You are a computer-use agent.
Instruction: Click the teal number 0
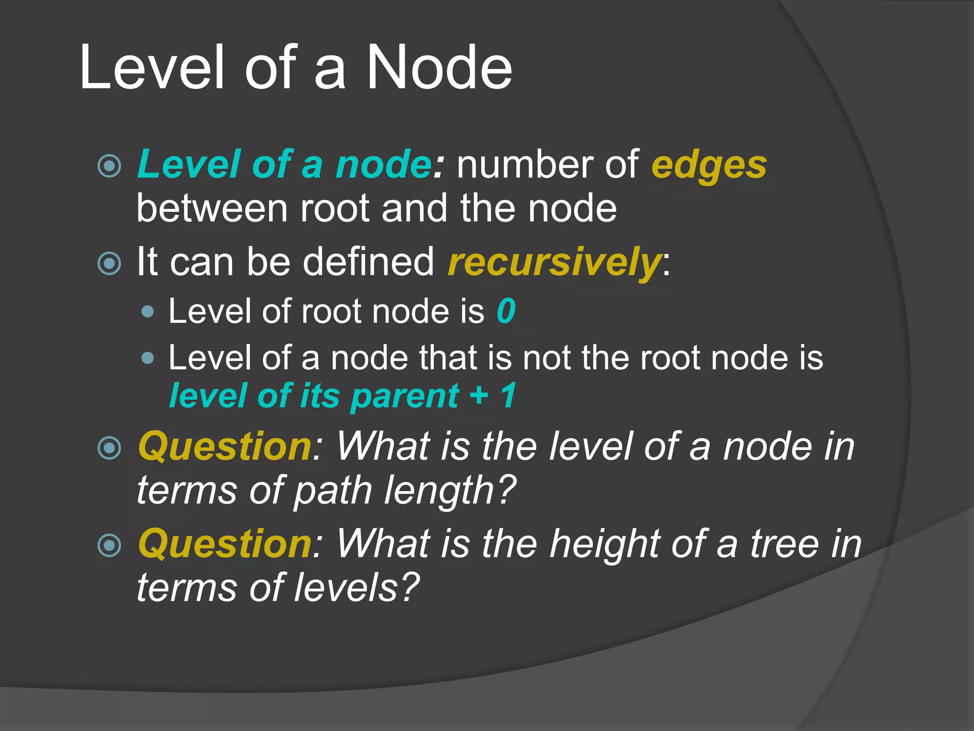click(x=506, y=311)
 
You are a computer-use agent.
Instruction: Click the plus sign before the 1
click(x=479, y=395)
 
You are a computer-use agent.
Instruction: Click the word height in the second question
click(x=605, y=544)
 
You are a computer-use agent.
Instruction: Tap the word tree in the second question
click(x=785, y=544)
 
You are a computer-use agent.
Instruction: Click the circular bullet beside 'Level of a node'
click(x=109, y=166)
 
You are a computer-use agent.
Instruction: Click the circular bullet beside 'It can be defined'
click(x=109, y=263)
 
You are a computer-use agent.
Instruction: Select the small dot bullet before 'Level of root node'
click(x=148, y=312)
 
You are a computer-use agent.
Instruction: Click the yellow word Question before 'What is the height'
click(x=225, y=544)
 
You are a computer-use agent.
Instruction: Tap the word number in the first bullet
click(x=526, y=165)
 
